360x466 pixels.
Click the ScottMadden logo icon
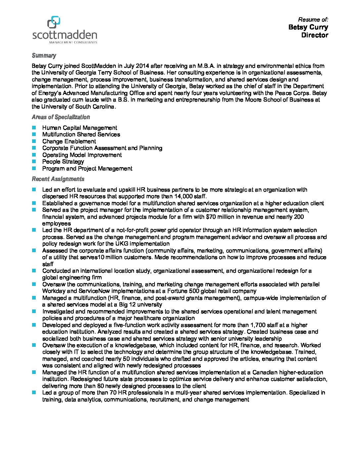[x=54, y=23]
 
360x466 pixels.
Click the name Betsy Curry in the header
[x=308, y=27]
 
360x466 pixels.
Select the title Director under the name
[x=314, y=35]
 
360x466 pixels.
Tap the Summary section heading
[x=44, y=56]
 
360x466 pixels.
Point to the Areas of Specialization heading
[x=61, y=117]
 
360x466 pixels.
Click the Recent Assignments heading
[x=58, y=179]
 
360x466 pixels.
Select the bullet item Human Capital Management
[x=79, y=128]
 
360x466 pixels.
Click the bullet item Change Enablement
[x=69, y=141]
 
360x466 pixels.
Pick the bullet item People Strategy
[x=63, y=162]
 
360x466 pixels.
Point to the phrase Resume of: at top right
[x=313, y=20]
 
